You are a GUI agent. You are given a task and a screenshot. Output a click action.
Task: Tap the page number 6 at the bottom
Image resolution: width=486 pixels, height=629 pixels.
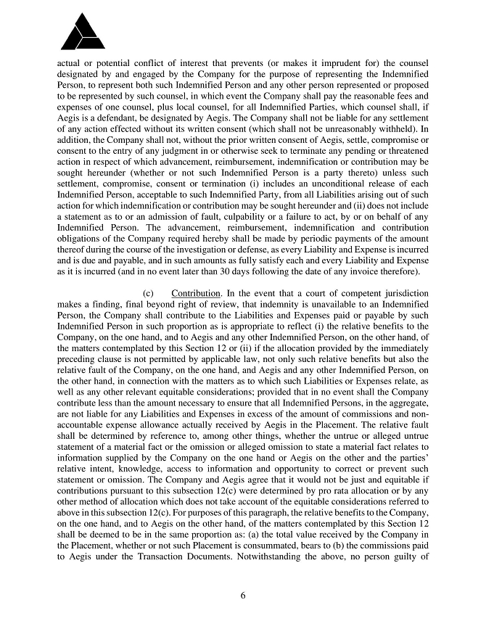tap(243, 596)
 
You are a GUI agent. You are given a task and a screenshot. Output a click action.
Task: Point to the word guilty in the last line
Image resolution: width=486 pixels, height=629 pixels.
tap(408, 564)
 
